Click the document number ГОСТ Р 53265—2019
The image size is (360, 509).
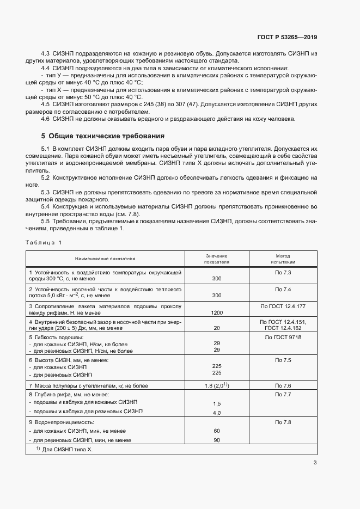pyautogui.click(x=286, y=38)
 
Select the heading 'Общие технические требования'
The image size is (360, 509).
pyautogui.click(x=106, y=136)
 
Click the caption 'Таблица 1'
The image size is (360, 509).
pyautogui.click(x=44, y=242)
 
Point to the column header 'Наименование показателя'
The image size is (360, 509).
pyautogui.click(x=105, y=259)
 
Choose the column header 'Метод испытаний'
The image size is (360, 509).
pyautogui.click(x=283, y=259)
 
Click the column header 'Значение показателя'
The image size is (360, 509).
pyautogui.click(x=216, y=259)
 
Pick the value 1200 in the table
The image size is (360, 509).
pyautogui.click(x=216, y=313)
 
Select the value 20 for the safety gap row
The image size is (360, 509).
pyautogui.click(x=216, y=328)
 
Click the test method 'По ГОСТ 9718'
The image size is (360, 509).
pyautogui.click(x=283, y=338)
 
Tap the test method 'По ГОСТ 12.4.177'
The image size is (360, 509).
pyautogui.click(x=283, y=306)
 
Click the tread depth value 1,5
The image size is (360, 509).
pyautogui.click(x=216, y=403)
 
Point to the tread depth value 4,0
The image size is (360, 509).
pyautogui.click(x=216, y=413)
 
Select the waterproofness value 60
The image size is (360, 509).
pyautogui.click(x=216, y=431)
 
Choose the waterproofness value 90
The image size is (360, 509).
pyautogui.click(x=216, y=440)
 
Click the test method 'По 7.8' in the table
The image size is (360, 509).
pyautogui.click(x=283, y=422)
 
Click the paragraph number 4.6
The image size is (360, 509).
pyautogui.click(x=46, y=119)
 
